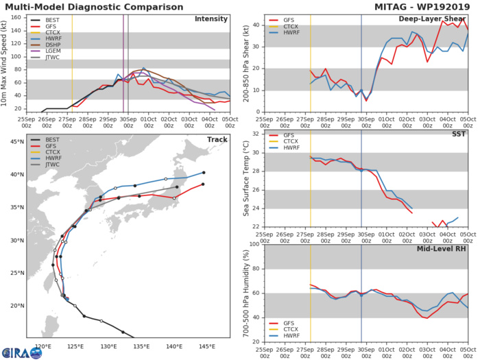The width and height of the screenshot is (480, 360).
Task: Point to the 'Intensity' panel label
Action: (211, 19)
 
